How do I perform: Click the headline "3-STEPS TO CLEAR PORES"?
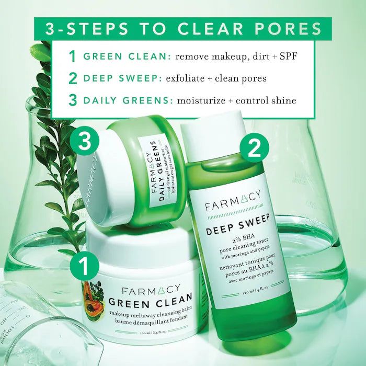(183, 28)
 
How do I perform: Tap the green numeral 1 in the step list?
(73, 56)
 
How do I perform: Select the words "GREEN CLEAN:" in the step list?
(127, 56)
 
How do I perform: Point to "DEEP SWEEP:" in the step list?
(122, 78)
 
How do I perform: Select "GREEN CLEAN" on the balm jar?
(148, 301)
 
